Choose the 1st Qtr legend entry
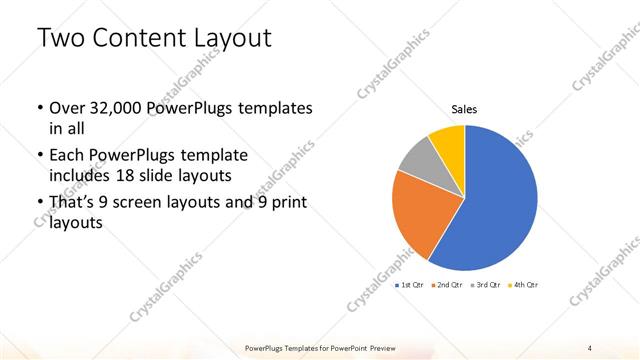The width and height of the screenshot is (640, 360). click(411, 285)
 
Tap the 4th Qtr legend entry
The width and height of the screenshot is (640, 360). click(524, 285)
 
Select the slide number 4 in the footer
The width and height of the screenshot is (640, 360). click(590, 348)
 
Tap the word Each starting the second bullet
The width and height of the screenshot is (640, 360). click(67, 155)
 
